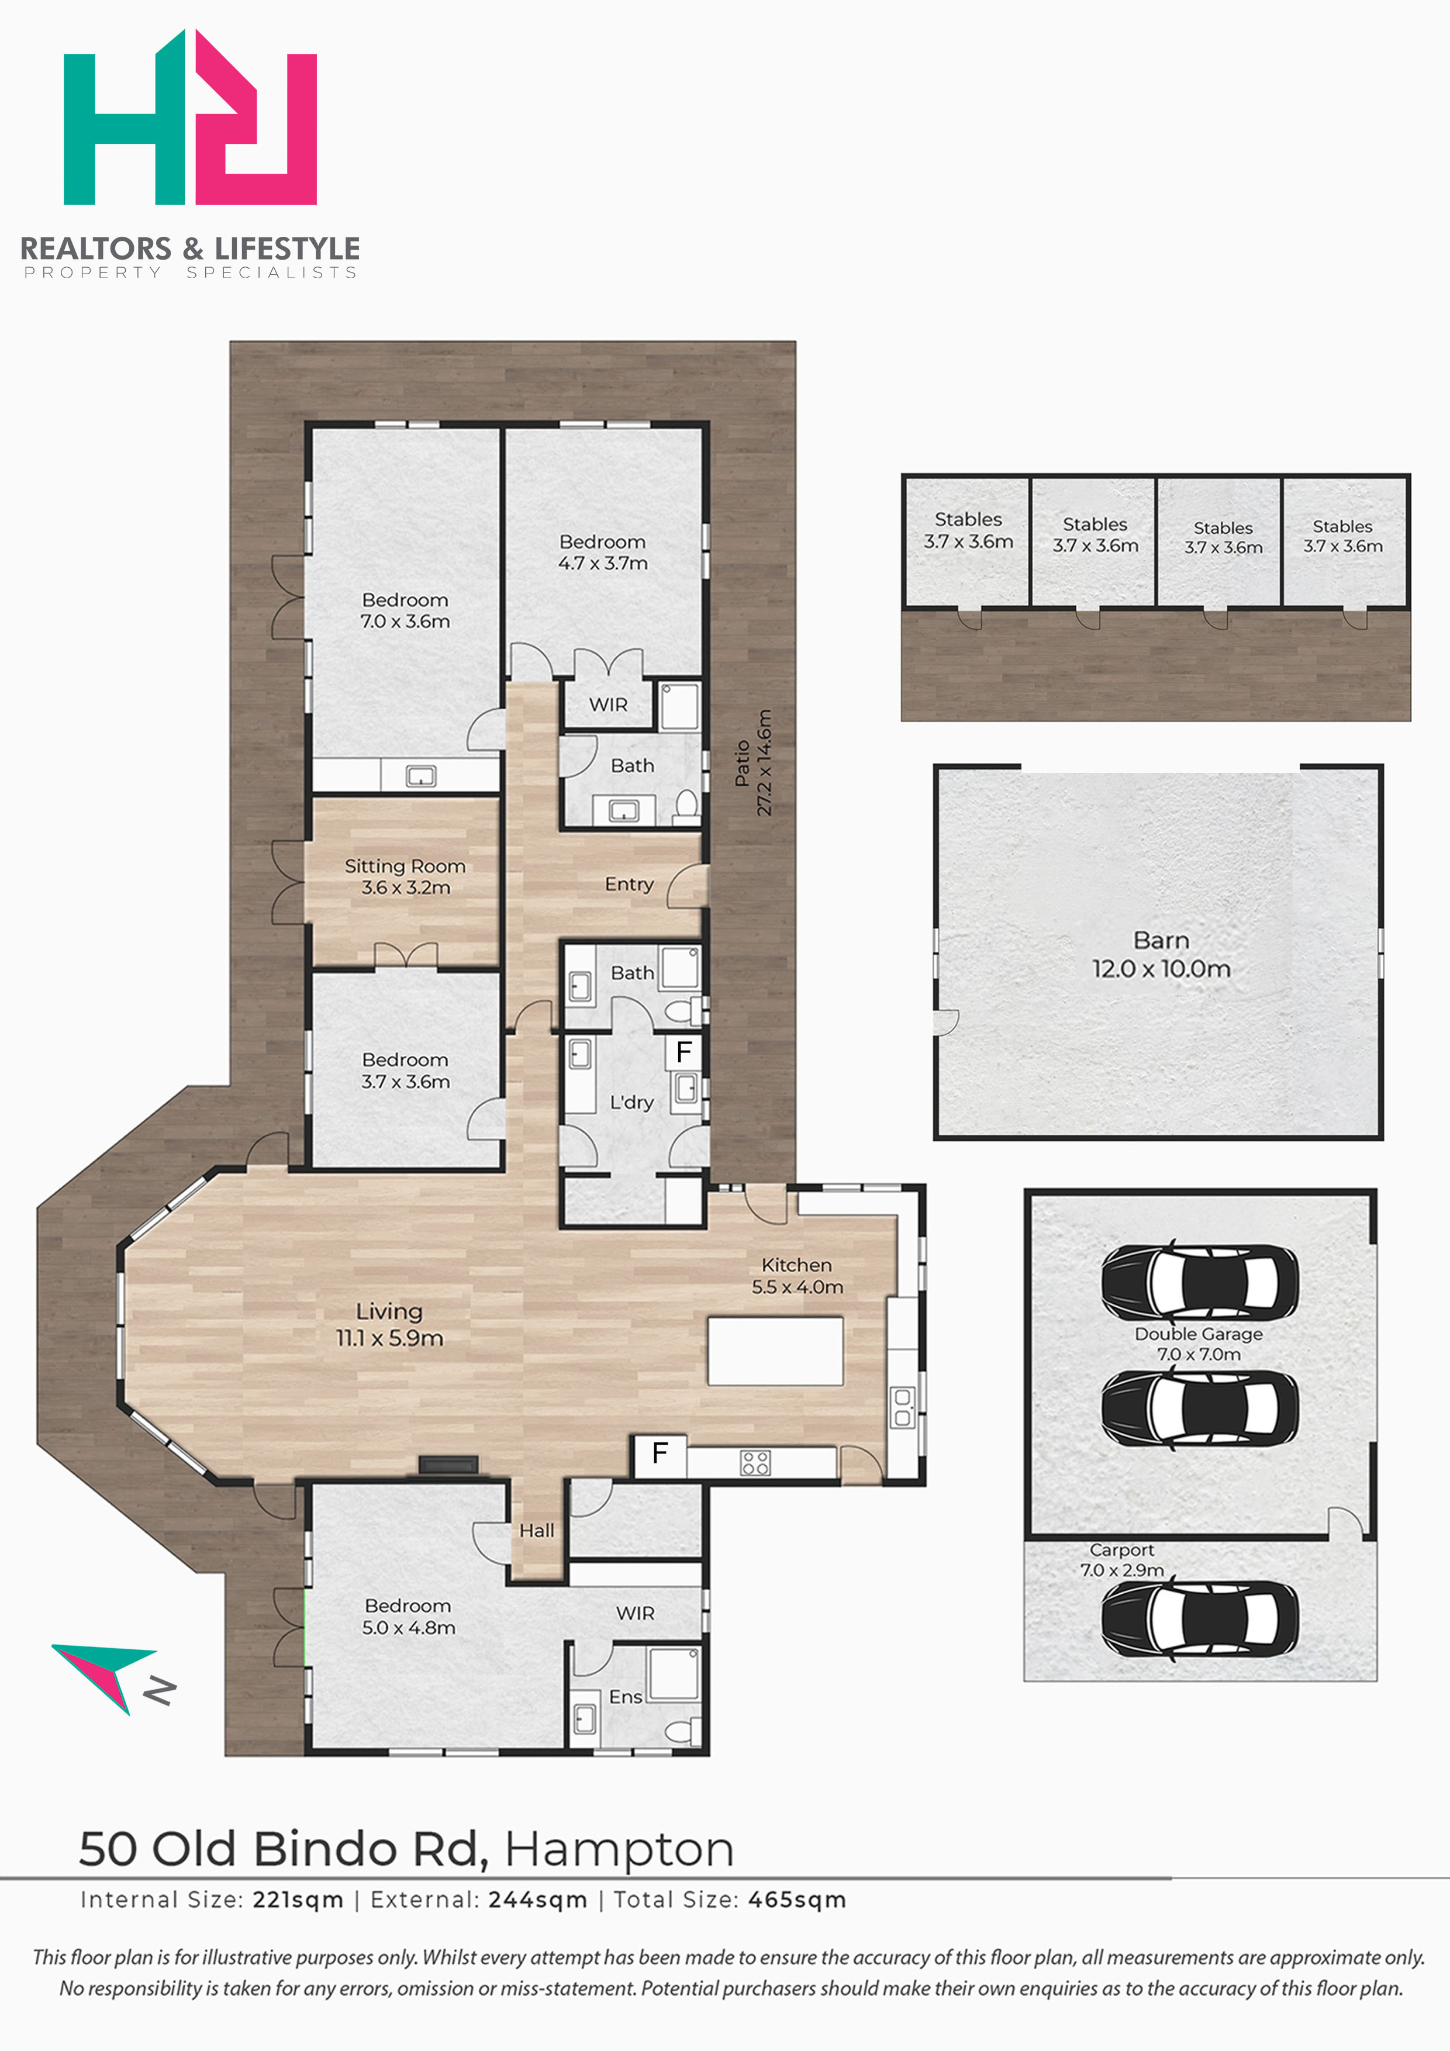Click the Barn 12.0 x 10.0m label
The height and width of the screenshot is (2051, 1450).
[x=1161, y=954]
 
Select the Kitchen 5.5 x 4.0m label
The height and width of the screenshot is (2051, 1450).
[x=797, y=1276]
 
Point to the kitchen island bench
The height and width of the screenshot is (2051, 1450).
[x=775, y=1351]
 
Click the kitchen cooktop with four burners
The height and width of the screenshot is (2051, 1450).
[x=755, y=1462]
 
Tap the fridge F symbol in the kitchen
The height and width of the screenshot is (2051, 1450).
[x=660, y=1453]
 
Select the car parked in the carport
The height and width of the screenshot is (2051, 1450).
[x=1200, y=1619]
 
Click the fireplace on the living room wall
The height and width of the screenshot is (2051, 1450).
[x=450, y=1465]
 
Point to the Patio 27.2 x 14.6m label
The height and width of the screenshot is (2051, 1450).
[x=753, y=762]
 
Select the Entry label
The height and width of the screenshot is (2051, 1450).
[x=629, y=885]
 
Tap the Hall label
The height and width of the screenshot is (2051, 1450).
[x=537, y=1530]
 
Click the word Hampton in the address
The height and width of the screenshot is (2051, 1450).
[x=619, y=1849]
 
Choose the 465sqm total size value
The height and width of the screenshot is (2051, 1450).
[x=797, y=1900]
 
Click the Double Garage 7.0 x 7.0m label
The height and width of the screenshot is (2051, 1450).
[x=1199, y=1344]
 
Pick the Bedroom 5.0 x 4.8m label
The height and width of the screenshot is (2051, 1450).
[x=408, y=1617]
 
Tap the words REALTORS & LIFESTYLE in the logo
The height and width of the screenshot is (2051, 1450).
[x=190, y=248]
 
